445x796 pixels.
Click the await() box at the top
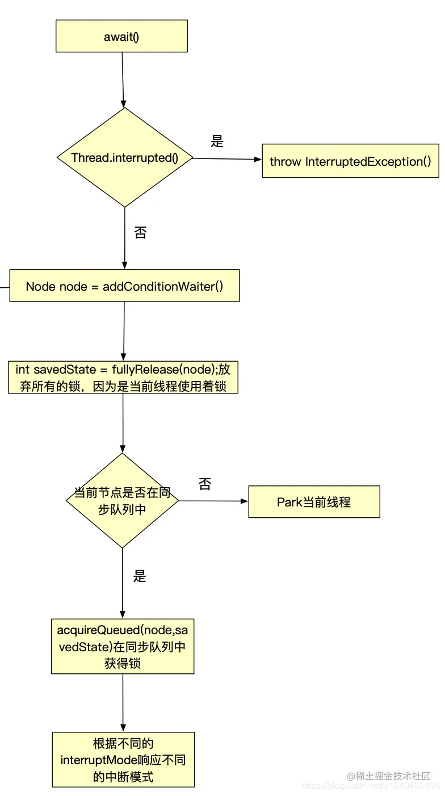tap(121, 36)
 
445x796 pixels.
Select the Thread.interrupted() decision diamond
tap(125, 157)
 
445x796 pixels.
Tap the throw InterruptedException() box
tap(350, 161)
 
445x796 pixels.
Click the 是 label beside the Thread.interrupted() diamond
tap(217, 141)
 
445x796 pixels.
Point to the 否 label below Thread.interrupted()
tap(140, 232)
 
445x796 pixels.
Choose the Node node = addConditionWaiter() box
tap(124, 286)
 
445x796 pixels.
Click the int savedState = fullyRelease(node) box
tap(123, 378)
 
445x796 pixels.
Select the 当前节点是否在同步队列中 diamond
tap(123, 500)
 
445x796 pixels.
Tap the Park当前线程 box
tap(314, 502)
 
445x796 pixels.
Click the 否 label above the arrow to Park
tap(205, 484)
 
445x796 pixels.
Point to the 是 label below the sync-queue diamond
tap(140, 576)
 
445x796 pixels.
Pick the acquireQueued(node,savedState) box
tap(123, 646)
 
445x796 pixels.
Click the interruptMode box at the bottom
tap(123, 759)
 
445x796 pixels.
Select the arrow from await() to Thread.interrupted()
tap(123, 79)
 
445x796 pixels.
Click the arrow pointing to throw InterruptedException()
tap(227, 159)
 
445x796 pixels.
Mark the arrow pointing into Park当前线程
tap(213, 501)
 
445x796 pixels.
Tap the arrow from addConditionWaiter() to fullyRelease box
tap(124, 330)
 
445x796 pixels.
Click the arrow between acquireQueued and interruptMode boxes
tap(123, 702)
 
